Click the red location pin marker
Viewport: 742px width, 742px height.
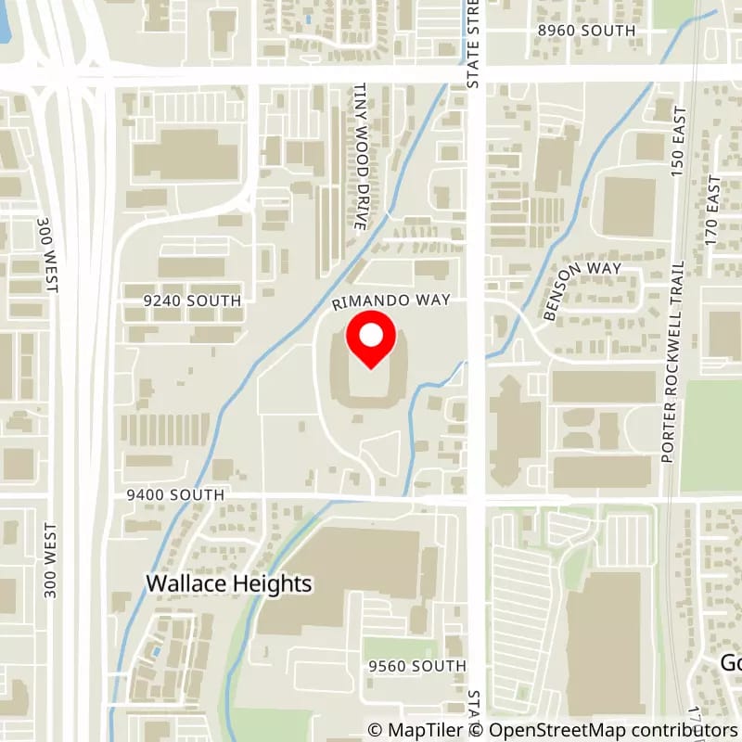point(371,340)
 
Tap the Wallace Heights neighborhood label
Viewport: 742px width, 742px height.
point(229,583)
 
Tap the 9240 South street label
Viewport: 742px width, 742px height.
point(192,301)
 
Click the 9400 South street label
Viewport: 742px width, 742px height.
point(175,495)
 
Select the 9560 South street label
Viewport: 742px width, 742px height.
point(416,666)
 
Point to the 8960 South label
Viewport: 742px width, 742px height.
point(587,31)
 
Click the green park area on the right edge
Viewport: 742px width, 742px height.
point(711,436)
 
